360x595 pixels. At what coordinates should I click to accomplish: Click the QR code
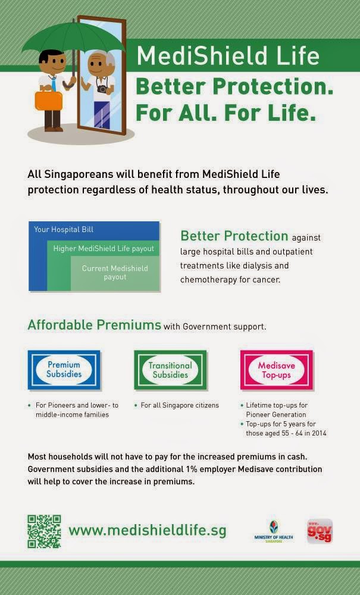44,531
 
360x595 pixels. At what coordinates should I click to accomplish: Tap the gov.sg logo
320,531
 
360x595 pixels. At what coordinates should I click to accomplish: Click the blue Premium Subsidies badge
64,370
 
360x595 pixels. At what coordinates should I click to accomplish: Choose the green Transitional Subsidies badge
170,370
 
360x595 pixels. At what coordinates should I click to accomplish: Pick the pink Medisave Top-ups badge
276,370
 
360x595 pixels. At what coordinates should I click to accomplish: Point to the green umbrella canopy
71,39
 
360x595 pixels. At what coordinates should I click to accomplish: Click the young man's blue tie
53,84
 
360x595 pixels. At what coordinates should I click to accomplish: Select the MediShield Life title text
228,57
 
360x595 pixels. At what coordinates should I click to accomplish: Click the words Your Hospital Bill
64,229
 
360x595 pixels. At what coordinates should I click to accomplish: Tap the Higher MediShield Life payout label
104,249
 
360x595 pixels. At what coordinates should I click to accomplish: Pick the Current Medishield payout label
115,273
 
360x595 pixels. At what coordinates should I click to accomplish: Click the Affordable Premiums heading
95,325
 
